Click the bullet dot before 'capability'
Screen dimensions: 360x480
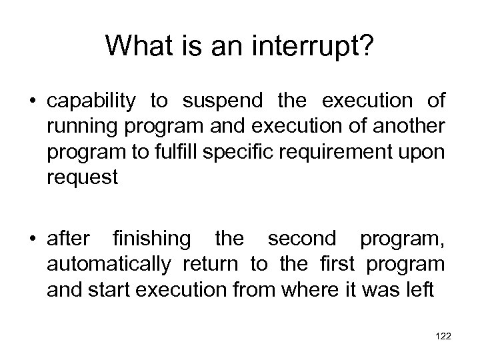pos(33,101)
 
